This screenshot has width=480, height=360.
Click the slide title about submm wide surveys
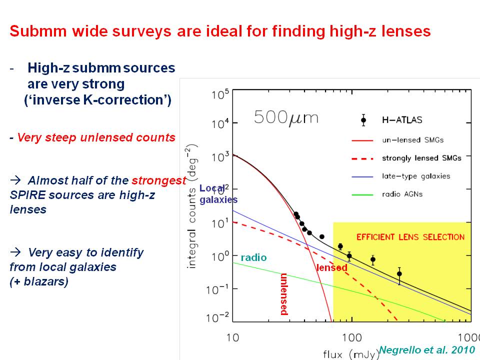[220, 31]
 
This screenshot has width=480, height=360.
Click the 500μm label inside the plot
[286, 117]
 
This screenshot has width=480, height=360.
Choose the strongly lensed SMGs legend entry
[421, 157]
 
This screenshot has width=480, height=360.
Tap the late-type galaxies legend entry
[416, 176]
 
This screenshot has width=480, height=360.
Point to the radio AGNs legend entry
[401, 194]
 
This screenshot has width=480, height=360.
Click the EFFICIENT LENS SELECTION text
[410, 237]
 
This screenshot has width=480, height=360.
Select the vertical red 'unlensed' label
[283, 294]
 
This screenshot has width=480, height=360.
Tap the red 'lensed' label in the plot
[332, 267]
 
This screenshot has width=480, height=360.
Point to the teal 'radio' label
[253, 257]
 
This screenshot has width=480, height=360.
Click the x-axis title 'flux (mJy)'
[350, 353]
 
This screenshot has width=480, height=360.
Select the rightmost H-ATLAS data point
[399, 273]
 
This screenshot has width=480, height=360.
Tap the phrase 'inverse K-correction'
[98, 100]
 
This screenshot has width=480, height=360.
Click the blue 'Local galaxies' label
[218, 194]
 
